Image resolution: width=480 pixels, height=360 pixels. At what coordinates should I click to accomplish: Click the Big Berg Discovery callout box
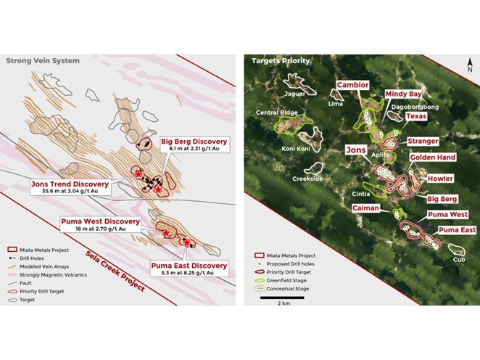194,145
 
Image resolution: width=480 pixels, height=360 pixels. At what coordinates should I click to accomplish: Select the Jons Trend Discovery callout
70,188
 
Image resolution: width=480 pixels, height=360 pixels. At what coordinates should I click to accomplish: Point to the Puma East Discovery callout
189,269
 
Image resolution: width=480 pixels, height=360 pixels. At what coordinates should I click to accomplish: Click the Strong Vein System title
43,61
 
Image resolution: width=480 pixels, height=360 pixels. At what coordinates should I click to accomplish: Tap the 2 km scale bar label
284,303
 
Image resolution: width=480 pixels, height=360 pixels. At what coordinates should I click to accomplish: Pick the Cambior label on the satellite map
353,85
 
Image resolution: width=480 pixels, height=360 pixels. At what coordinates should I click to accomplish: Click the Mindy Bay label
403,94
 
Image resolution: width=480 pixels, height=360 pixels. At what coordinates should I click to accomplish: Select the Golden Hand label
432,157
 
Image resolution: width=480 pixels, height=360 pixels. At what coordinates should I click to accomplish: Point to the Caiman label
365,208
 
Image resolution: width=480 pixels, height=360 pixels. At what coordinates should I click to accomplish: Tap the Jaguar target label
295,94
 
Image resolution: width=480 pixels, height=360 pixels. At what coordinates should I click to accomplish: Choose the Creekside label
307,178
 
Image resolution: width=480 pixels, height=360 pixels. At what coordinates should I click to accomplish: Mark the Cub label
458,259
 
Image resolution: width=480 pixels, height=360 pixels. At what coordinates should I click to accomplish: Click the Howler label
440,179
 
